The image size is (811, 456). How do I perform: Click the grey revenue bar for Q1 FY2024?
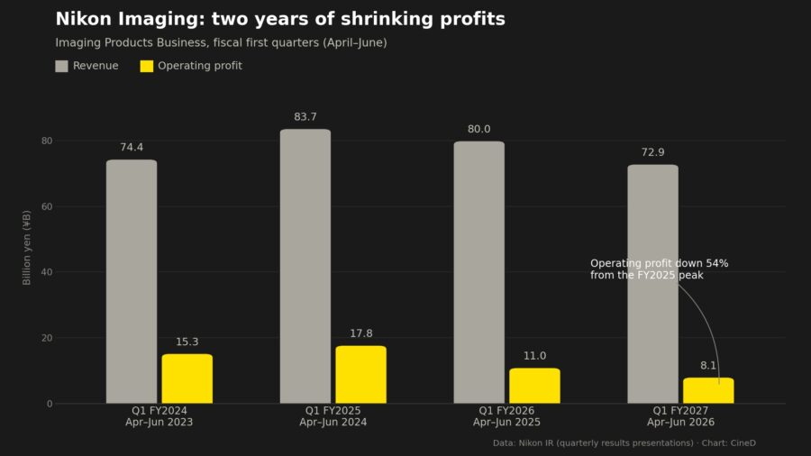click(x=132, y=281)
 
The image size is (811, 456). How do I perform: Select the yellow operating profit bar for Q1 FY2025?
click(x=361, y=374)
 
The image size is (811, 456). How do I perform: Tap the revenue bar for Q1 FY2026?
click(x=479, y=272)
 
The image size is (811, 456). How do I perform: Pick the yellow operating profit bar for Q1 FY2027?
click(x=708, y=390)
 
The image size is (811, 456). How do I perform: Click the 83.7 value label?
click(x=305, y=117)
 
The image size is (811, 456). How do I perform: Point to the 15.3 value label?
click(x=187, y=342)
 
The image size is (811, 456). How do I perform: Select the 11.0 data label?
click(x=534, y=356)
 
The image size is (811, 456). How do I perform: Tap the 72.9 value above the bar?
click(x=652, y=152)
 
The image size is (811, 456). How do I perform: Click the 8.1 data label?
click(x=708, y=366)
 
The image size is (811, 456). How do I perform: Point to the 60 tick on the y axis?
click(x=47, y=206)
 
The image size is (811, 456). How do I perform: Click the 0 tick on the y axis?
click(x=50, y=404)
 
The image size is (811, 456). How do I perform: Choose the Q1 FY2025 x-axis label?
click(x=333, y=411)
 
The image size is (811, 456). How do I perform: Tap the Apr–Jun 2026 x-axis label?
click(x=680, y=422)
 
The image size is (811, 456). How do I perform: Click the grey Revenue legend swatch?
click(x=61, y=66)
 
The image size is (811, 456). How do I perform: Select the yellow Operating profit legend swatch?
click(x=147, y=66)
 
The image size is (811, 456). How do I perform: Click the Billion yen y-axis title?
click(x=27, y=248)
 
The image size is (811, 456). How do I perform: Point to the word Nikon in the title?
click(x=83, y=19)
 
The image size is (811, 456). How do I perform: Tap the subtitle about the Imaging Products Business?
click(x=222, y=43)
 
